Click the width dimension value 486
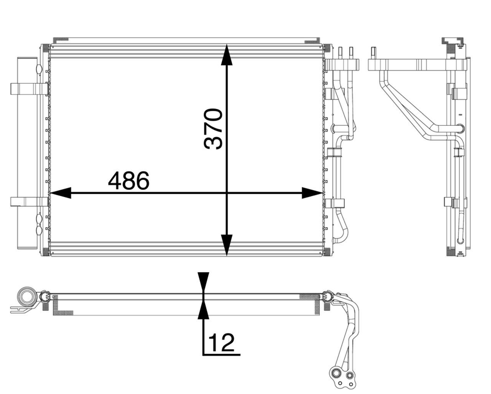(129, 181)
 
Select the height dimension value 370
(214, 129)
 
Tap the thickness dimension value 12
(221, 343)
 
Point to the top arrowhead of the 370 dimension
(227, 54)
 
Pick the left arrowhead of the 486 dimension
(61, 193)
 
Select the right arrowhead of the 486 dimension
(311, 193)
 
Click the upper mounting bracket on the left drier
(29, 89)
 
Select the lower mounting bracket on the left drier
(29, 202)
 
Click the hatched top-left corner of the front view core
(45, 48)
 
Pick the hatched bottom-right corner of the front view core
(327, 252)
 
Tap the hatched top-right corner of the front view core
(327, 48)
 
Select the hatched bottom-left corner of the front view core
(45, 252)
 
